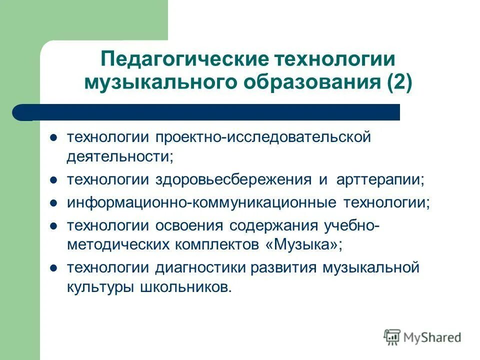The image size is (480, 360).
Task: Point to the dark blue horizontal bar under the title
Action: [210, 112]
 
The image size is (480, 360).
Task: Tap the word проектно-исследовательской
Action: [262, 136]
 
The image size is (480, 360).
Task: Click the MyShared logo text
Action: [431, 337]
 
